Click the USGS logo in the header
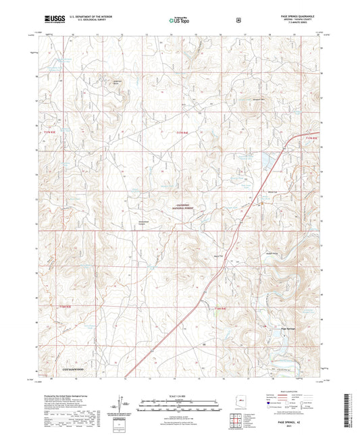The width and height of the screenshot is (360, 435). tap(48, 21)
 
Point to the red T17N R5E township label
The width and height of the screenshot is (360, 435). tap(310, 138)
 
